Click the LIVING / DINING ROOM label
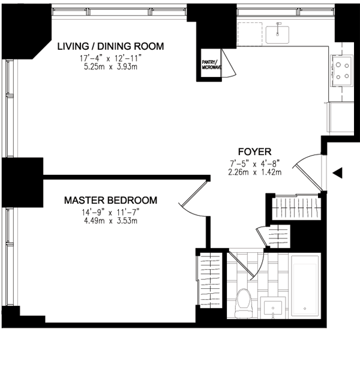point(110,46)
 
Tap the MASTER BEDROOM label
point(110,201)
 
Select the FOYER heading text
point(254,152)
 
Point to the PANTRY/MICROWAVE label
point(211,65)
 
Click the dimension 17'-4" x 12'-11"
point(110,58)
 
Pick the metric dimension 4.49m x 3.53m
point(110,220)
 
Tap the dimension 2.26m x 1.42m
point(254,172)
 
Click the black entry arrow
point(338,173)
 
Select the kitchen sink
point(277,34)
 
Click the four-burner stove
point(341,71)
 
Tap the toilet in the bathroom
point(244,303)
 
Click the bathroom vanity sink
point(273,308)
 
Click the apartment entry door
point(308,172)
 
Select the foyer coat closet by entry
point(296,207)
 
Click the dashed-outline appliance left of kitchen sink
point(250,34)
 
